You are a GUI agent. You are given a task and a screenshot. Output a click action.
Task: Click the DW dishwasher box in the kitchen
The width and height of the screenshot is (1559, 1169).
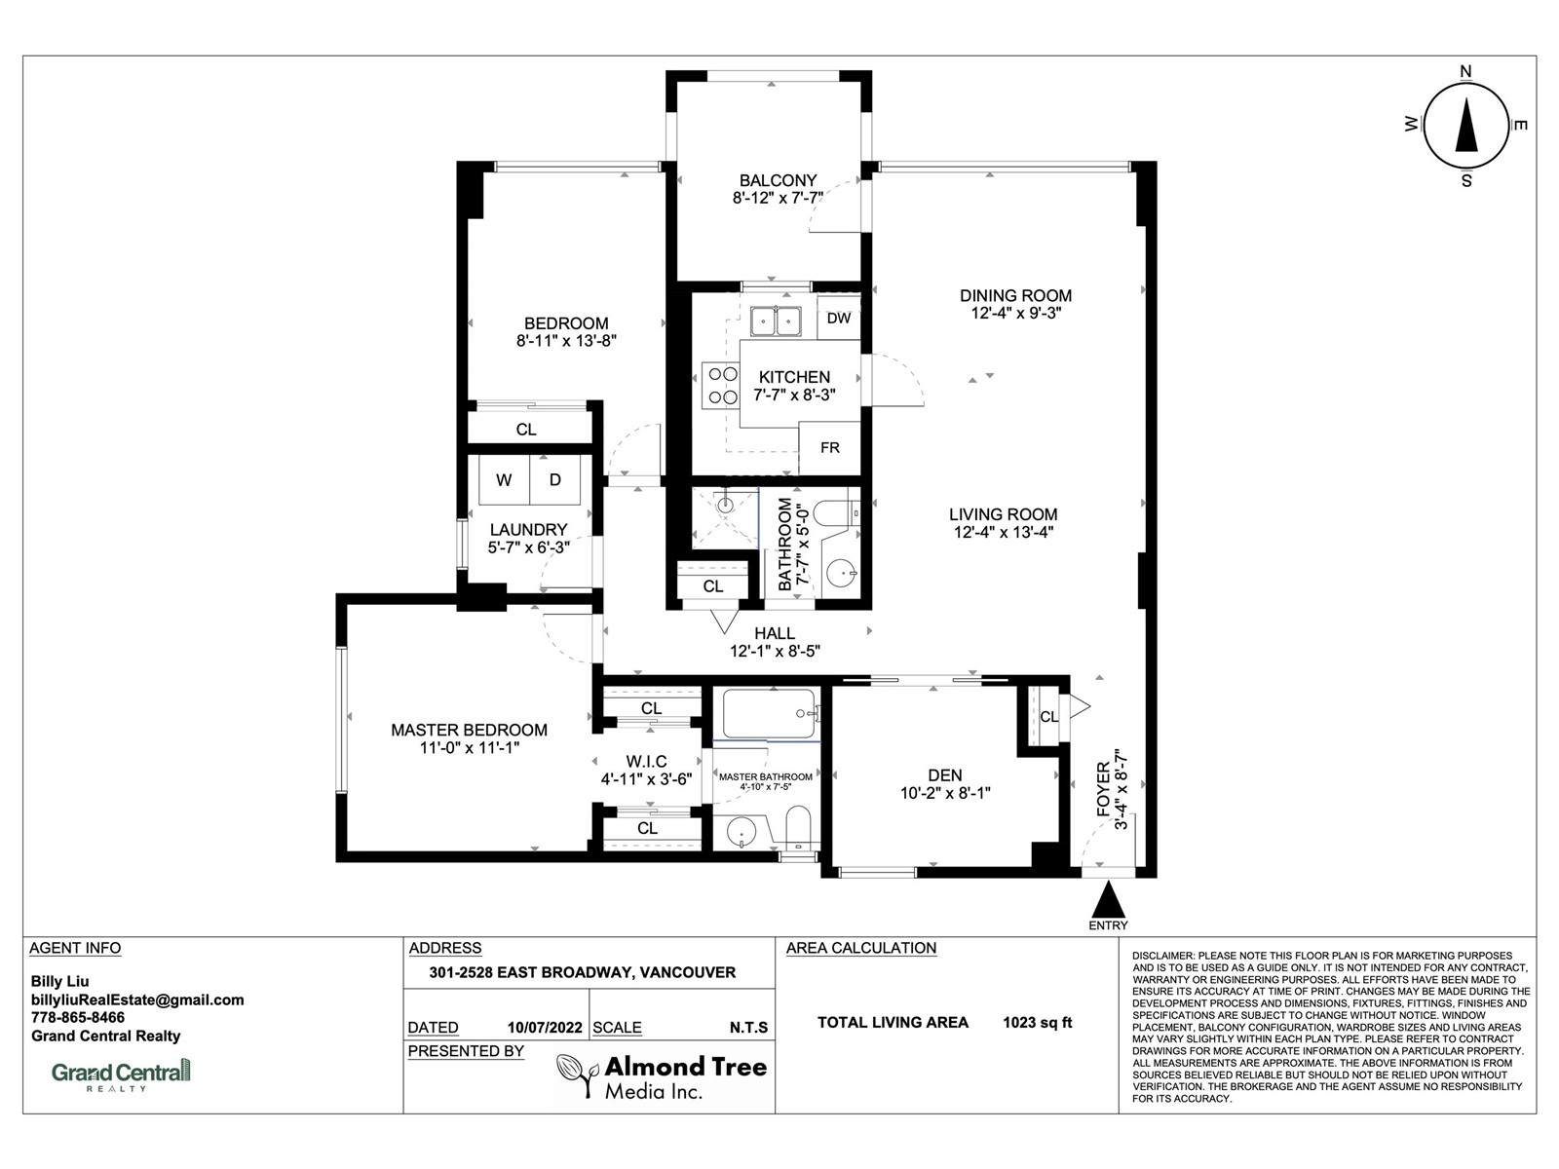pyautogui.click(x=839, y=318)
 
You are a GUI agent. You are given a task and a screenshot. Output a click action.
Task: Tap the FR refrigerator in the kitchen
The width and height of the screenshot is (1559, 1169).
pyautogui.click(x=829, y=448)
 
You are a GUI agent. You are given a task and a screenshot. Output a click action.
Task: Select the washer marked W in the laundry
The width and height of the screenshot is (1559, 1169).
pyautogui.click(x=505, y=480)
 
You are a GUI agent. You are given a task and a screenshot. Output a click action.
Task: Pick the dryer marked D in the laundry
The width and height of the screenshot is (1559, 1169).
pyautogui.click(x=555, y=480)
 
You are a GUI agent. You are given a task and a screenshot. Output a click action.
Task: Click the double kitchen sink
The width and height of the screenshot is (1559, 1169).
pyautogui.click(x=777, y=321)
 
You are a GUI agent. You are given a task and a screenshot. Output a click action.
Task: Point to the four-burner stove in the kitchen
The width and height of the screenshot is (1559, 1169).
pyautogui.click(x=721, y=385)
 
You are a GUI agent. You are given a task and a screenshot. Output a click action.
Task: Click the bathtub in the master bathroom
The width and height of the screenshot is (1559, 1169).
pyautogui.click(x=769, y=713)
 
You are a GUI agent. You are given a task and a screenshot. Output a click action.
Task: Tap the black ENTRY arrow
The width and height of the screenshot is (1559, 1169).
pyautogui.click(x=1108, y=901)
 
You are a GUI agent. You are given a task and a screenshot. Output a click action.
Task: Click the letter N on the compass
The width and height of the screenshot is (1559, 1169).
pyautogui.click(x=1466, y=71)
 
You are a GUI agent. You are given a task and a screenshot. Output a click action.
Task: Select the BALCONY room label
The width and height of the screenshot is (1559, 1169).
pyautogui.click(x=778, y=180)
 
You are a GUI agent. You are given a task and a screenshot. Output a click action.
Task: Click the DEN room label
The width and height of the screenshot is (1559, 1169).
pyautogui.click(x=944, y=775)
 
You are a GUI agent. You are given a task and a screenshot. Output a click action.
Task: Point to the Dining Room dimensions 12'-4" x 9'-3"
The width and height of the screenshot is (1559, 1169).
pyautogui.click(x=1015, y=313)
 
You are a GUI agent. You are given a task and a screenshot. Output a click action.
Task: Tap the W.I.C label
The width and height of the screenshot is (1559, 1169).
pyautogui.click(x=646, y=762)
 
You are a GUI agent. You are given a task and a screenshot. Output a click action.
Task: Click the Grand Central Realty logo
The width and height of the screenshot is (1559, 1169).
pyautogui.click(x=122, y=1074)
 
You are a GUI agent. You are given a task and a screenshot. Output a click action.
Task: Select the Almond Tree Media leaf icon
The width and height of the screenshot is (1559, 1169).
pyautogui.click(x=577, y=1075)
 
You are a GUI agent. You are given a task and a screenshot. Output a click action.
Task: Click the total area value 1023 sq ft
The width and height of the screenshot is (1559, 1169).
pyautogui.click(x=1037, y=1022)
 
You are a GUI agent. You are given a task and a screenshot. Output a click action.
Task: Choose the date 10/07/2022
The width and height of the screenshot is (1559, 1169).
pyautogui.click(x=545, y=1027)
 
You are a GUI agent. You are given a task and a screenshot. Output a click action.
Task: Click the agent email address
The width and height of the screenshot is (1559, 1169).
pyautogui.click(x=137, y=1000)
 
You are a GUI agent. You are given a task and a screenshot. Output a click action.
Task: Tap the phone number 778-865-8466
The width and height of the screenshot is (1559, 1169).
pyautogui.click(x=77, y=1017)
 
